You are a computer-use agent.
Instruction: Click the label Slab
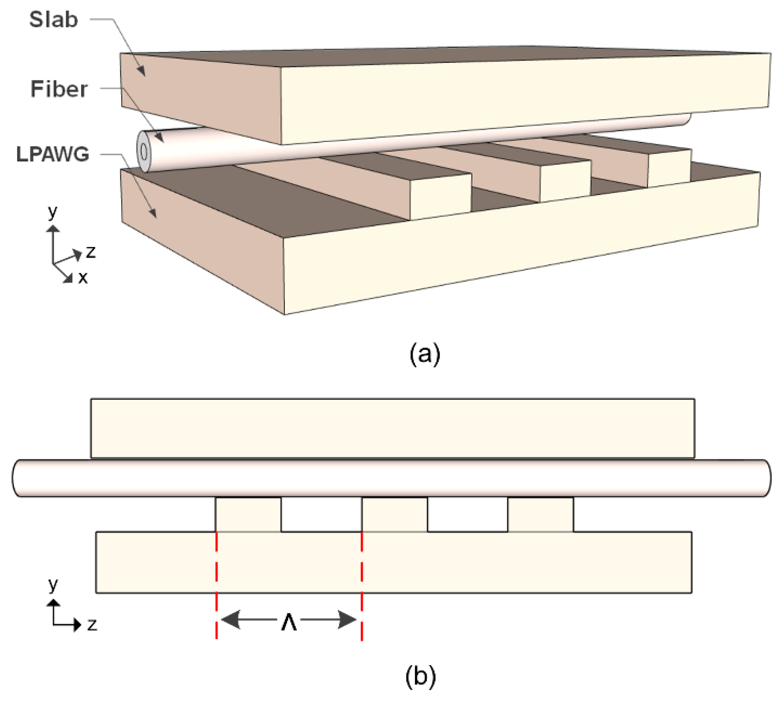click(54, 19)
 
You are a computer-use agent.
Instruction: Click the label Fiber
click(59, 89)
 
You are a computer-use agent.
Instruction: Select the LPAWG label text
click(53, 154)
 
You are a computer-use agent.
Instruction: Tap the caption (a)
click(424, 353)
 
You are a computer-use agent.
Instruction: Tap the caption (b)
click(420, 675)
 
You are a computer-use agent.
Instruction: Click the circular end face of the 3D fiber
click(144, 152)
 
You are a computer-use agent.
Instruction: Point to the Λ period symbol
click(289, 622)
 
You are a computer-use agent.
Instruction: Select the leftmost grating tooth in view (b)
click(248, 515)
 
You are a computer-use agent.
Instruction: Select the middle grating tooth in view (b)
click(395, 515)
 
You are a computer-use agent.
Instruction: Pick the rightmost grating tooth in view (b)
click(540, 515)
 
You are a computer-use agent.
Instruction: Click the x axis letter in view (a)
click(83, 278)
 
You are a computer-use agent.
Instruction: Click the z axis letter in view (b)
click(92, 625)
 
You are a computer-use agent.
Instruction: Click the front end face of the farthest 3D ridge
click(670, 168)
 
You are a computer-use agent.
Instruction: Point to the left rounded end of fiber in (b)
click(18, 478)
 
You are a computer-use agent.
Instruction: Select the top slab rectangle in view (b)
click(393, 428)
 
